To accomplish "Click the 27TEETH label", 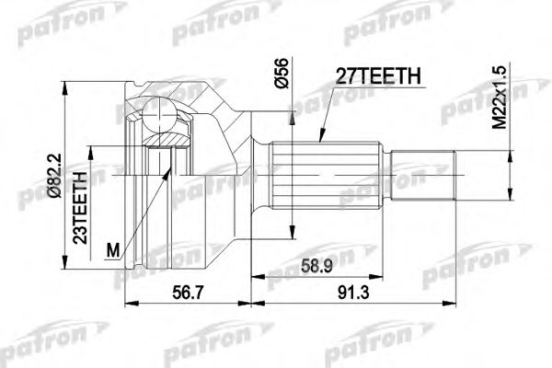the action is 378,76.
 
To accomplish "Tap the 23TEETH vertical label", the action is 80,208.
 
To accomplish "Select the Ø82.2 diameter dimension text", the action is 55,176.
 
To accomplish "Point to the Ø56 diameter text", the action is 282,74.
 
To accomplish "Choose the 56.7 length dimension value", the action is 188,293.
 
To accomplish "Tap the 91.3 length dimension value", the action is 353,293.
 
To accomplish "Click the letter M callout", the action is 112,251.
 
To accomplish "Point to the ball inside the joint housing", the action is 159,115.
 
